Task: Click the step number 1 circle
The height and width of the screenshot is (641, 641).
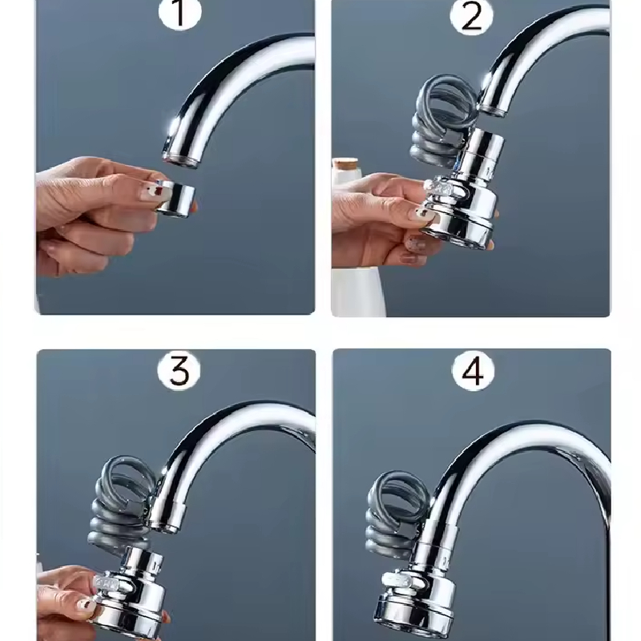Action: (x=179, y=13)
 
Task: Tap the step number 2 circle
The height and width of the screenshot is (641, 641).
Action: (x=471, y=16)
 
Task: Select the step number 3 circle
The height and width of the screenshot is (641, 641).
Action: (x=179, y=371)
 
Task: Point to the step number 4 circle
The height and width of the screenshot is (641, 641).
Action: (x=473, y=371)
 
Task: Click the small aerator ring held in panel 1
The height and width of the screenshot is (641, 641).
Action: (x=175, y=199)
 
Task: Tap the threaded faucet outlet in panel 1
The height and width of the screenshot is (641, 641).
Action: (x=179, y=159)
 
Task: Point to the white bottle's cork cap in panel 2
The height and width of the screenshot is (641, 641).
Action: (x=346, y=165)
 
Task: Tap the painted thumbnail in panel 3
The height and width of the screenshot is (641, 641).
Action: (x=87, y=604)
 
